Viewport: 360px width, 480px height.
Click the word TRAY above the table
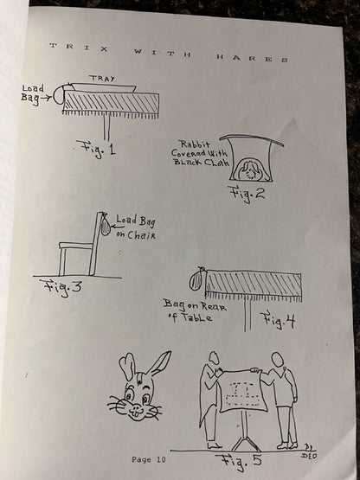coord(103,78)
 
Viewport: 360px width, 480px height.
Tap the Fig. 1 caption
coord(96,149)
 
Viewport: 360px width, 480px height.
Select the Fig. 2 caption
coord(246,194)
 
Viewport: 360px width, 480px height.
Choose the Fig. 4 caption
coord(280,320)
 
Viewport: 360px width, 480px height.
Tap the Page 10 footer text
coord(149,459)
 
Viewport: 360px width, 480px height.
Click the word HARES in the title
coord(252,58)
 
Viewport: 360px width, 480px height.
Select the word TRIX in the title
coord(79,48)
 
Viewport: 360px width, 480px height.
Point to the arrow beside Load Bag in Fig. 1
coord(46,99)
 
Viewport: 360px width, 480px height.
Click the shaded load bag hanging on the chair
coord(105,226)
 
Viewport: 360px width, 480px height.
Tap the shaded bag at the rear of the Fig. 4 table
coord(197,280)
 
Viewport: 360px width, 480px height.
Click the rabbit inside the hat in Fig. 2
coord(250,170)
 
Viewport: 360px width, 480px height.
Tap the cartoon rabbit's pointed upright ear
coord(158,364)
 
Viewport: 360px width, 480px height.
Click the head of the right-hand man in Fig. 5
coord(278,360)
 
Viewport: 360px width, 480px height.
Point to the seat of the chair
coord(75,246)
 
